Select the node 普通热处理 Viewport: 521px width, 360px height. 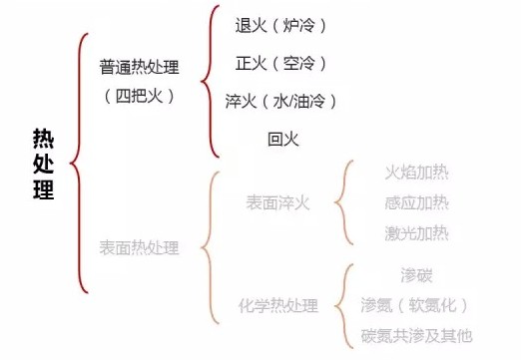pyautogui.click(x=139, y=67)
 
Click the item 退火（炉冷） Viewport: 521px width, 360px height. pyautogui.click(x=280, y=23)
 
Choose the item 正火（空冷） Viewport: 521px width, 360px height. pyautogui.click(x=280, y=63)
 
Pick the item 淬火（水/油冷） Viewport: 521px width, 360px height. pyautogui.click(x=280, y=101)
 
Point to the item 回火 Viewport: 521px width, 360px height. pyautogui.click(x=282, y=138)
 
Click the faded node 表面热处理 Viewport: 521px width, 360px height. pyautogui.click(x=139, y=246)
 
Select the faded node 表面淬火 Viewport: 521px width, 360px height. pyautogui.click(x=278, y=203)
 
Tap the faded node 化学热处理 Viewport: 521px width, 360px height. pyautogui.click(x=278, y=304)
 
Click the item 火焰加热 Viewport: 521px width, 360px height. pyautogui.click(x=416, y=172)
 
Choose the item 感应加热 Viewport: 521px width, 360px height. pyautogui.click(x=416, y=203)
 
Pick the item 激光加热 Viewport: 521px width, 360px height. pyautogui.click(x=416, y=234)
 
